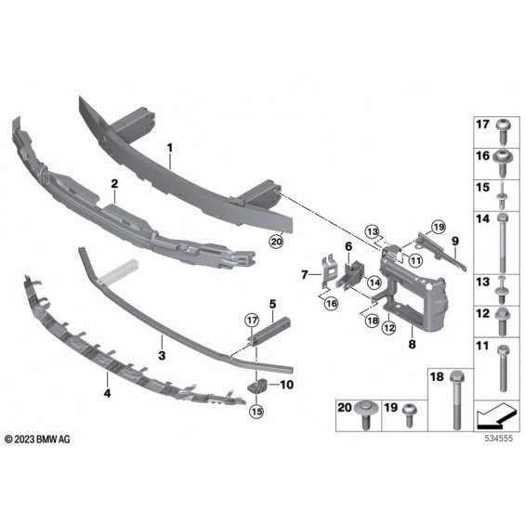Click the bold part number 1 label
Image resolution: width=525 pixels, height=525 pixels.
[x=170, y=148]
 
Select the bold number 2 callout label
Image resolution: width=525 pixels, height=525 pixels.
[x=114, y=183]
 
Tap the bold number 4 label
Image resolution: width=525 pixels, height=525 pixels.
[x=107, y=393]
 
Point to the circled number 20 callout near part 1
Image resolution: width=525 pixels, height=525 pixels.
[x=276, y=241]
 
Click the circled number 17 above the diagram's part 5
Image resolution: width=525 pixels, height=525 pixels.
[x=252, y=321]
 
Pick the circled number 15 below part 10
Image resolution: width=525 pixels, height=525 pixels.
[x=256, y=411]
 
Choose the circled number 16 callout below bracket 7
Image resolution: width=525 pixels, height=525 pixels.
[x=332, y=303]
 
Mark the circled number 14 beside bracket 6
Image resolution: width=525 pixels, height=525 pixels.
[x=374, y=282]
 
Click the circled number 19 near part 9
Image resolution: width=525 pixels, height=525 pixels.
[x=439, y=228]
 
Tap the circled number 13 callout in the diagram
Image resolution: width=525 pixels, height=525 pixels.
[x=373, y=231]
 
